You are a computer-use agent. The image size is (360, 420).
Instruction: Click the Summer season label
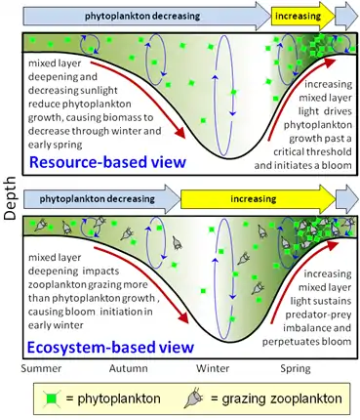coord(41,368)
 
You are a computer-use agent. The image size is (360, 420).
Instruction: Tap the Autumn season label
coord(129,368)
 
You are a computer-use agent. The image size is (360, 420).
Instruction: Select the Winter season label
coord(213,368)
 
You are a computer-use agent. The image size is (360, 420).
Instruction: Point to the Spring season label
coord(296,369)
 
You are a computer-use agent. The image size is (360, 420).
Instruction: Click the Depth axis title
coord(10,198)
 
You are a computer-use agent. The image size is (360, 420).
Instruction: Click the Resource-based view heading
coord(107,161)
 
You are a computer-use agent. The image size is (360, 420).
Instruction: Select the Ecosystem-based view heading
coord(110,347)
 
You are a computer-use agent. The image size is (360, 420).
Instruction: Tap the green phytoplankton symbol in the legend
coord(52,399)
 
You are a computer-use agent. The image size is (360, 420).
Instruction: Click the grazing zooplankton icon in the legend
coord(194,398)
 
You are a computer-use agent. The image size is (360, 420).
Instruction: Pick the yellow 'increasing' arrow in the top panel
coord(303,16)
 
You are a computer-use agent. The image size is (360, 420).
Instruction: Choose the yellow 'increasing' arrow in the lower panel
coord(258,198)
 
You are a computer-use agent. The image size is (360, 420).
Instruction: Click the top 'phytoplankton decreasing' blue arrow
coord(146,16)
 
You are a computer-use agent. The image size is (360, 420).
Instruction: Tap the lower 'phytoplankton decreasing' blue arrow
coord(101,198)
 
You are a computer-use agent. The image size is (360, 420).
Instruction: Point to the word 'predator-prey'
coord(318,315)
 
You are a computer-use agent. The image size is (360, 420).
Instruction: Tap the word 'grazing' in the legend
coord(240,399)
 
